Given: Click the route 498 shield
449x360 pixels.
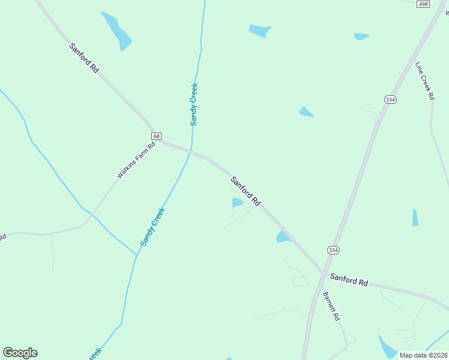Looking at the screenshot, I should [x=423, y=4].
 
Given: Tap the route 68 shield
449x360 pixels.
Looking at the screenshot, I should [x=156, y=136].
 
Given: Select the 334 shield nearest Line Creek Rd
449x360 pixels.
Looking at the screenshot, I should [x=390, y=100].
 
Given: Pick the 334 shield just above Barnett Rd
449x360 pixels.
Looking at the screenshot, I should [x=333, y=250].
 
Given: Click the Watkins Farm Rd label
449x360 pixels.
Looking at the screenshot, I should [x=136, y=160].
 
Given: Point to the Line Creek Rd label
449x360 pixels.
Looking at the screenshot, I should [x=424, y=80].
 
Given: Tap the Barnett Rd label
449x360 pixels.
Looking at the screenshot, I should [x=331, y=306].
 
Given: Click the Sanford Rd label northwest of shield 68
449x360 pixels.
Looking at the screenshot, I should [x=84, y=58].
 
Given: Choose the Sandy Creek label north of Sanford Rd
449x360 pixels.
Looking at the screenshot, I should [x=194, y=104].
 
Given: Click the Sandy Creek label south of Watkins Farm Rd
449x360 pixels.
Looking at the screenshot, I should [x=152, y=226].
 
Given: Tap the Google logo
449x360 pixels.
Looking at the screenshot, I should [x=20, y=353].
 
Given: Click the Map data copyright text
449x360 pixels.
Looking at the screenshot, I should [x=423, y=355].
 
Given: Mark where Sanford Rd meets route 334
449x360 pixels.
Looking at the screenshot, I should [x=324, y=274].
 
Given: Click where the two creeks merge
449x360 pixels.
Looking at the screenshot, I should [x=137, y=254].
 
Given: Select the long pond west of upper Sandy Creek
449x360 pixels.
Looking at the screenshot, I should [x=117, y=31].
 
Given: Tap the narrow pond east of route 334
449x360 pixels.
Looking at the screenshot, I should [x=415, y=217].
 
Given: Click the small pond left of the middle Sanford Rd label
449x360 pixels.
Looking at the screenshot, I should [x=238, y=203].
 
